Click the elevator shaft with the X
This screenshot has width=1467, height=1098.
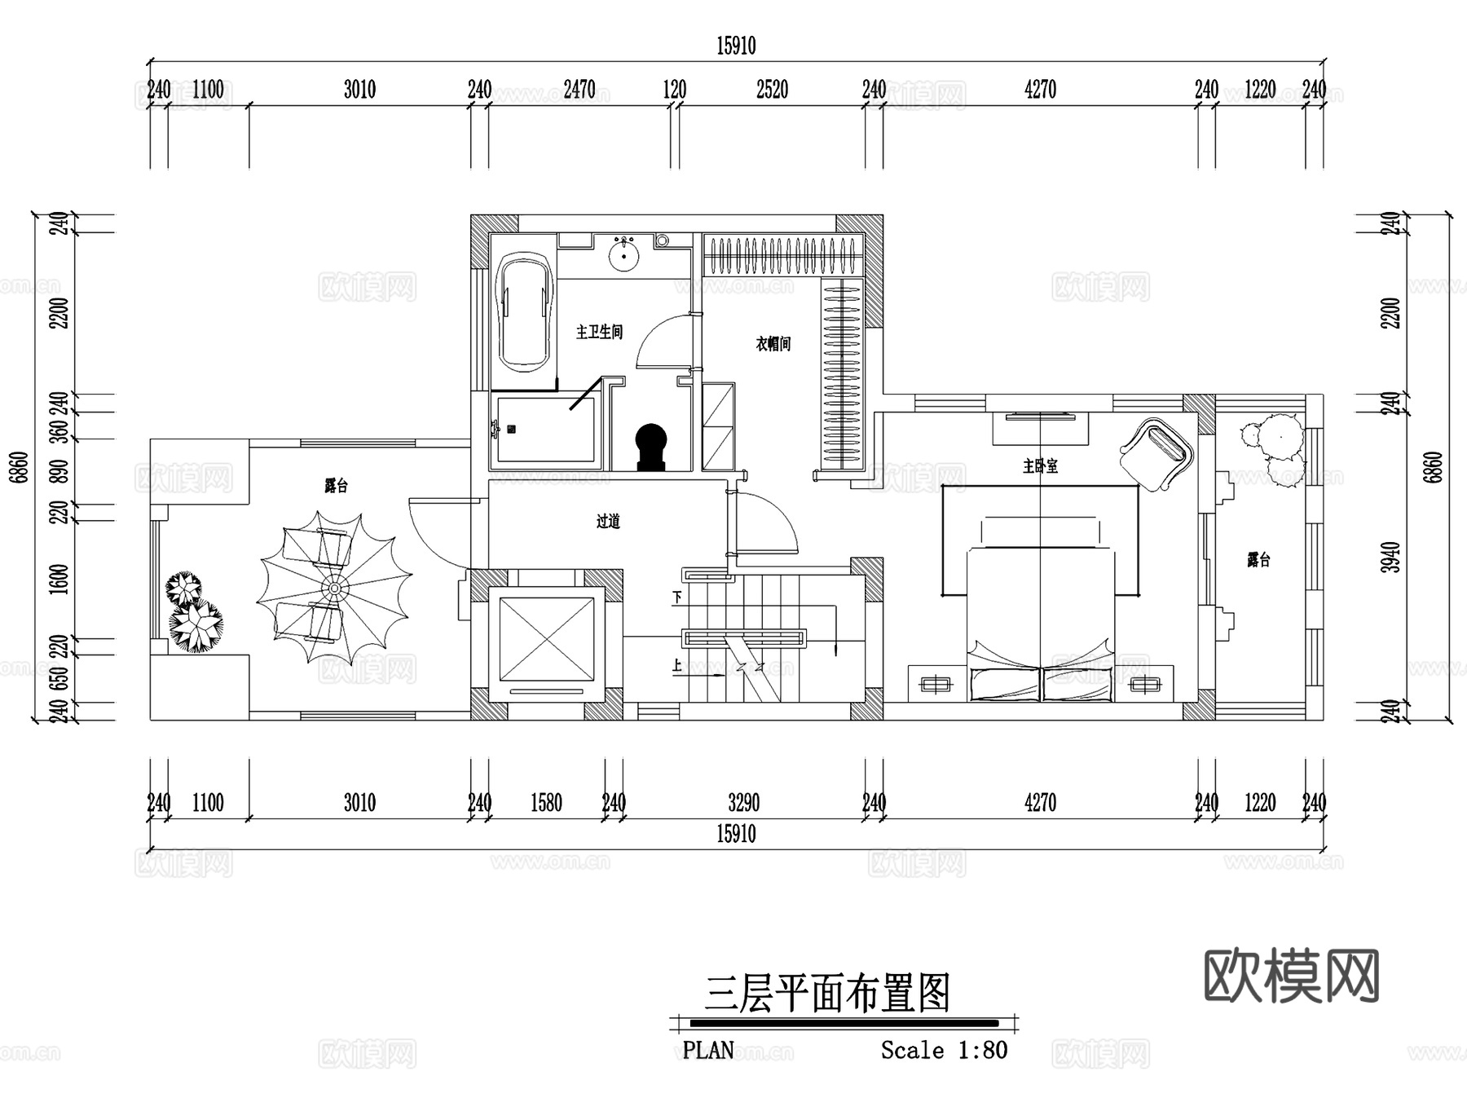pos(546,639)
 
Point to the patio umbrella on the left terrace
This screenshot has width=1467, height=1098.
pos(333,588)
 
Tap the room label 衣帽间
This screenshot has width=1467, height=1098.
pos(773,344)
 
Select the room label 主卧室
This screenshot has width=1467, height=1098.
pos(1040,466)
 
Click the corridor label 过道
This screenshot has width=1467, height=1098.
pos(608,521)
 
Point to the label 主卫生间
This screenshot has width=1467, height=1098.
pos(599,332)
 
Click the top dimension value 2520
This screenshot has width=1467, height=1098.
pos(772,90)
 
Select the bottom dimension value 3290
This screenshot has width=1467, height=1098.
pos(743,804)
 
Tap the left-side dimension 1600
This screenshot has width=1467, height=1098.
pos(59,579)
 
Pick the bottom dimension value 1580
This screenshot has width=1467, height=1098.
pos(546,804)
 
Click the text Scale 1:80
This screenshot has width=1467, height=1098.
pos(944,1050)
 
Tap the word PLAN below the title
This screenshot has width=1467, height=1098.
pos(708,1050)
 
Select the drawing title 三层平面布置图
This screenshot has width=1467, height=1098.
pos(828,994)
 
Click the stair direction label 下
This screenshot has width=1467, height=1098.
pos(676,598)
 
